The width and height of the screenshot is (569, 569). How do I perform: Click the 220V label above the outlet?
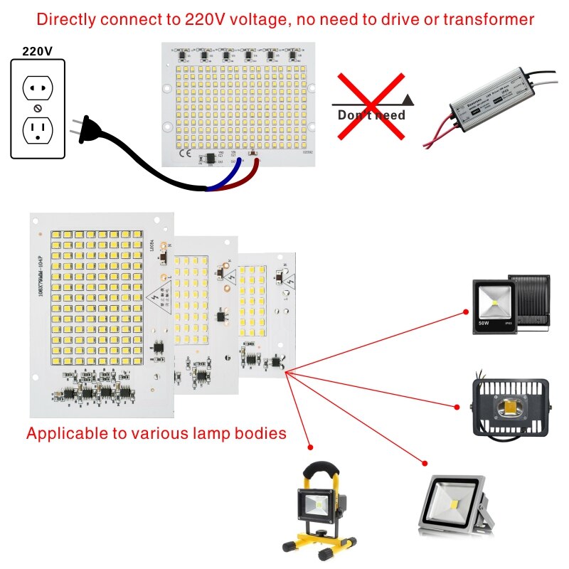coord(36,51)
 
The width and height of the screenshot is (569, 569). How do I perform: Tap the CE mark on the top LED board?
coord(183,152)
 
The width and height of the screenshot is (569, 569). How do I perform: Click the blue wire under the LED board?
coord(226,178)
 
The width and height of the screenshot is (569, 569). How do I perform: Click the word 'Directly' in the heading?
coord(65,19)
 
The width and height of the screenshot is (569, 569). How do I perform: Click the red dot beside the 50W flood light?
coord(465,311)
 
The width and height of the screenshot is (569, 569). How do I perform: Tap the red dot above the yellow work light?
coord(310,447)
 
